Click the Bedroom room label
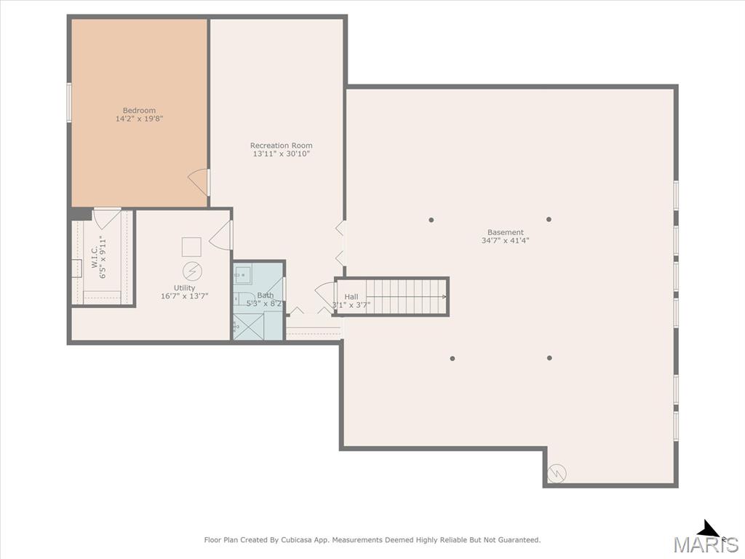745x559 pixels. pyautogui.click(x=139, y=111)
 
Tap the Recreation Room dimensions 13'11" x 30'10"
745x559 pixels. pyautogui.click(x=282, y=154)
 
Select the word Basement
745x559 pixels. pyautogui.click(x=506, y=232)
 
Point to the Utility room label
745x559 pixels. pyautogui.click(x=184, y=288)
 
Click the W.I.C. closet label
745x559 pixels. pyautogui.click(x=94, y=257)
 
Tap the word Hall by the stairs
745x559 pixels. pyautogui.click(x=351, y=297)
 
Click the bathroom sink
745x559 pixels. pyautogui.click(x=243, y=275)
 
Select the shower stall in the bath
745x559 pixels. pyautogui.click(x=248, y=326)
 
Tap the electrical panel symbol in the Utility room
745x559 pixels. pyautogui.click(x=192, y=271)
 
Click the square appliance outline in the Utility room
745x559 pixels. pyautogui.click(x=191, y=247)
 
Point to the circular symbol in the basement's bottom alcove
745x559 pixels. pyautogui.click(x=557, y=473)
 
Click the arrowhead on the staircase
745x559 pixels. pyautogui.click(x=445, y=297)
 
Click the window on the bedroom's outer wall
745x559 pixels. pyautogui.click(x=69, y=103)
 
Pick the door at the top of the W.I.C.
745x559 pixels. pyautogui.click(x=107, y=218)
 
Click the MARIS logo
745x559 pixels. pyautogui.click(x=706, y=539)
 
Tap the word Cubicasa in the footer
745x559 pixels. pyautogui.click(x=296, y=540)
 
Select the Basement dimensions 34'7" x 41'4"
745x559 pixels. pyautogui.click(x=506, y=240)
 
